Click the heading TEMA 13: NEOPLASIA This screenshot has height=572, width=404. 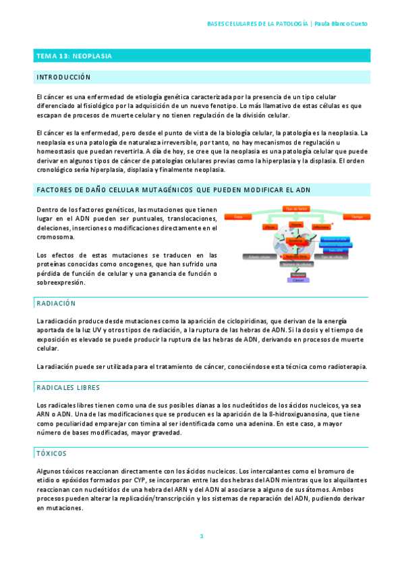74,56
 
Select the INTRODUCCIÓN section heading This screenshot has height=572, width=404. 63,78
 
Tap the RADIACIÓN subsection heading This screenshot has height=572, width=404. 57,304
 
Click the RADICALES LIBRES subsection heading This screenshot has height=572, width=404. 68,387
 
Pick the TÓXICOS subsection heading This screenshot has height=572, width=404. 53,454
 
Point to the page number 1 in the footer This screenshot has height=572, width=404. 201,536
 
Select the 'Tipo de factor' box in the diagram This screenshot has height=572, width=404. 297,208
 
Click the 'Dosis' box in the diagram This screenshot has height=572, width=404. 237,217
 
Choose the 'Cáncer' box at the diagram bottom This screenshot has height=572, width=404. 297,279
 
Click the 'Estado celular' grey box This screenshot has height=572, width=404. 259,257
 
